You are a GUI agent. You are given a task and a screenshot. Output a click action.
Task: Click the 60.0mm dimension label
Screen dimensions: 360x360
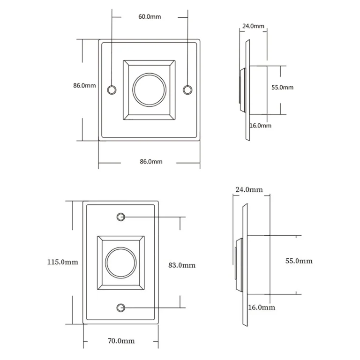click(150, 16)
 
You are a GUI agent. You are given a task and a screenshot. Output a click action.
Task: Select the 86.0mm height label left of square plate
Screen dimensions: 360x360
click(84, 86)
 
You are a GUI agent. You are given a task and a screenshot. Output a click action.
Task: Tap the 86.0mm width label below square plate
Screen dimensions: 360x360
click(151, 162)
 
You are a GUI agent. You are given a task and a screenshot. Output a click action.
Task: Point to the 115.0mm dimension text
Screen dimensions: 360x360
click(62, 262)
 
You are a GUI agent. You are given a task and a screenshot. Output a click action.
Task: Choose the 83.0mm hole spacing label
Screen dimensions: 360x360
click(181, 265)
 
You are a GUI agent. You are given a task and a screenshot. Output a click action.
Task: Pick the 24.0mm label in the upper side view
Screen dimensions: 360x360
click(253, 26)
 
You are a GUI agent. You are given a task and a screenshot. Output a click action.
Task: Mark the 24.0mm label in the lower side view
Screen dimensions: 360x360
click(249, 190)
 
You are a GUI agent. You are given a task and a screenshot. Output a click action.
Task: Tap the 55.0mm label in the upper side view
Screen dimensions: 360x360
click(282, 87)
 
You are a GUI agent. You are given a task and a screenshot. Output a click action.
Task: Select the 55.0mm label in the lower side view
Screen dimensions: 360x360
click(299, 261)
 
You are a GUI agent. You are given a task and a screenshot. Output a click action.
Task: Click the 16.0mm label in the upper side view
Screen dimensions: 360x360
click(260, 125)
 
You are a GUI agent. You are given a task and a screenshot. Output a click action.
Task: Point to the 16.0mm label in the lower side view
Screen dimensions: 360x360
click(261, 307)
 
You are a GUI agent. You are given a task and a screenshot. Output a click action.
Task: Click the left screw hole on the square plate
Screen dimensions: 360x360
click(112, 90)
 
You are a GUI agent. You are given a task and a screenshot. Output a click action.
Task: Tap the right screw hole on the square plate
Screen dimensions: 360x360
click(187, 90)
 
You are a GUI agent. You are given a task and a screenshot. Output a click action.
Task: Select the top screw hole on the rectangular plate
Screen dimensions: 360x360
click(121, 217)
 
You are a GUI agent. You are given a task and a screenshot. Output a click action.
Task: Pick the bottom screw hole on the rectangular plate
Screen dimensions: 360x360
click(121, 307)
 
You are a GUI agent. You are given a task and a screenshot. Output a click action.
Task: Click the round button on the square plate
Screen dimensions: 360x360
click(150, 89)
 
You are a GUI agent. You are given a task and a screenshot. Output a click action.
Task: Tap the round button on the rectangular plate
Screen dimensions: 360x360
click(121, 262)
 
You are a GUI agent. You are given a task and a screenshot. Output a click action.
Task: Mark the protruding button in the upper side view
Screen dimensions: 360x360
click(241, 89)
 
